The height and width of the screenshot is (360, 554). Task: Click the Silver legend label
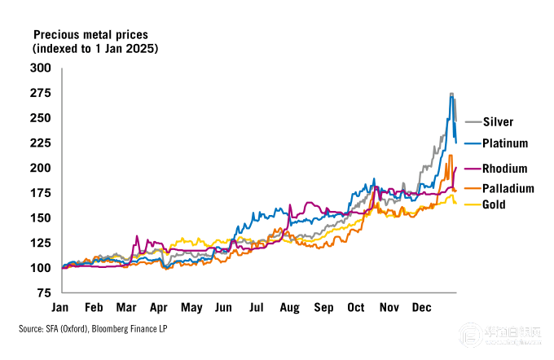(x=497, y=122)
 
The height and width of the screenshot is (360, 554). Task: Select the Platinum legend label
(x=504, y=143)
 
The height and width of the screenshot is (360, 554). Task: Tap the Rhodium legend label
(x=504, y=169)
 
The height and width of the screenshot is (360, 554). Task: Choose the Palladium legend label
(x=506, y=188)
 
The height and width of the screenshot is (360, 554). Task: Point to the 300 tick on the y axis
(x=40, y=68)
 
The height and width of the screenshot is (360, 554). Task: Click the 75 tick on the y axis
(x=43, y=292)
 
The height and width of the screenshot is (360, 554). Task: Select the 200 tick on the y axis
(x=40, y=168)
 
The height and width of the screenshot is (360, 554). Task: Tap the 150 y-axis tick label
(x=40, y=217)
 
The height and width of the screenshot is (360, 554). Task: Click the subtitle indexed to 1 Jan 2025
(x=95, y=49)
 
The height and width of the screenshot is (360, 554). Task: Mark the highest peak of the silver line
(x=451, y=94)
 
